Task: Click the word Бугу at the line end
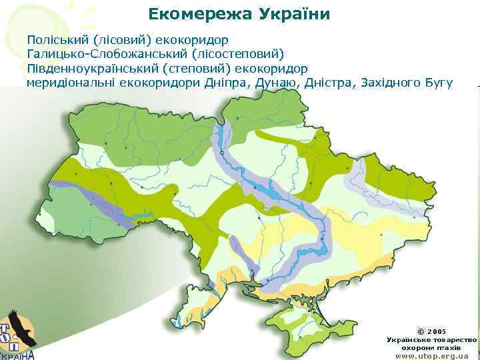tap(439, 83)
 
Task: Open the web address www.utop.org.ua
tap(431, 356)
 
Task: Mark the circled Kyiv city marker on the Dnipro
tap(222, 153)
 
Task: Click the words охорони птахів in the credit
tap(431, 348)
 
